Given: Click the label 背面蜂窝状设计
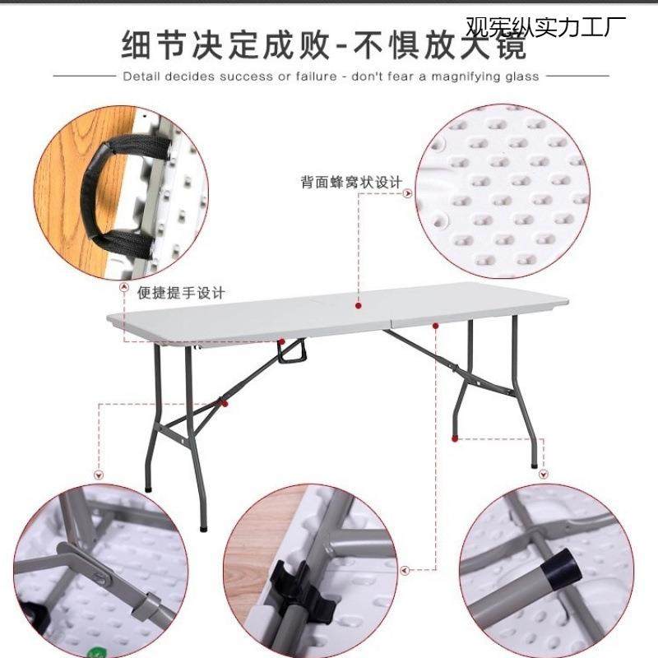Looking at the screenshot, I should tap(351, 183).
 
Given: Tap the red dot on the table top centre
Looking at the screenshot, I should tap(359, 305).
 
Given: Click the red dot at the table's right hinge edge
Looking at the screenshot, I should tap(435, 325).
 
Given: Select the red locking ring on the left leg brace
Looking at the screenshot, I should tap(222, 403).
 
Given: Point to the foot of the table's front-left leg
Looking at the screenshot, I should tap(202, 526).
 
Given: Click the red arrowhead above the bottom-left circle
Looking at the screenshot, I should tap(100, 475).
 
